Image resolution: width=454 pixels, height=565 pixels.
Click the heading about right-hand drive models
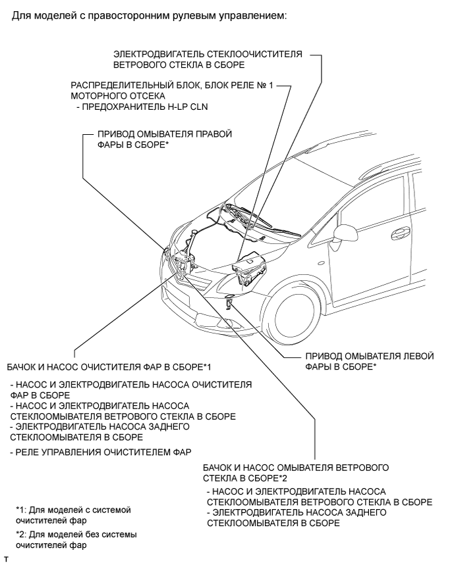149,15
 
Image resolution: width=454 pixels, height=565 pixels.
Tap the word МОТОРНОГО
99,97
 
